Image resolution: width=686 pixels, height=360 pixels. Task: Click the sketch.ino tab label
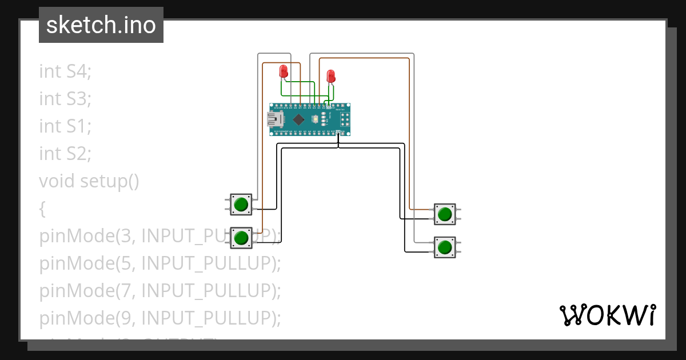[101, 25]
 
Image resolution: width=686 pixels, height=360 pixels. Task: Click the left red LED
[284, 71]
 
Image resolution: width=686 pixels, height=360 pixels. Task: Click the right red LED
[330, 76]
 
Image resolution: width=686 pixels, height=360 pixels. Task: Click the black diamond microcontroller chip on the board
[298, 119]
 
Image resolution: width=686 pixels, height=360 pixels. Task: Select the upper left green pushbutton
[241, 204]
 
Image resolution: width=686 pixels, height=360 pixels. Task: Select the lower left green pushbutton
[241, 237]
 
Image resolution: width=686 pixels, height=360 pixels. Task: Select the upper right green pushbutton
[444, 214]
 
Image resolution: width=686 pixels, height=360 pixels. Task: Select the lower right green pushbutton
[444, 247]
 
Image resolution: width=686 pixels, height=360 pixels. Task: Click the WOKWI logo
[607, 315]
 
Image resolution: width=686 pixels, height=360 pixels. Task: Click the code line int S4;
[65, 71]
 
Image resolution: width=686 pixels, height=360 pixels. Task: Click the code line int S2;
[65, 154]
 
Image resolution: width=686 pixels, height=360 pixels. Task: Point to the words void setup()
[89, 181]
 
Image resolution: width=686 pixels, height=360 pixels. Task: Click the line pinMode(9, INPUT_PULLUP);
[160, 318]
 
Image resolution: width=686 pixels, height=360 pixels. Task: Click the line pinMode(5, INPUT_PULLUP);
[160, 263]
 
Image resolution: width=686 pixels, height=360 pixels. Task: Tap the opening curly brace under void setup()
[42, 209]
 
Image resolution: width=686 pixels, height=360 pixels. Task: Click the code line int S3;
[65, 99]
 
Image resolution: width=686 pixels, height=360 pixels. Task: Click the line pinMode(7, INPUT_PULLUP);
[160, 290]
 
